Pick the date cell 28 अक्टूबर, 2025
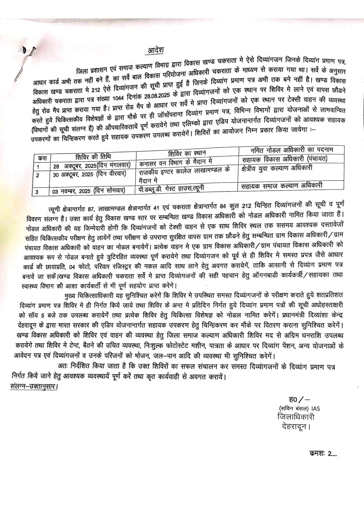point(94,166)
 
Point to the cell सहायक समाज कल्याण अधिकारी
point(282,185)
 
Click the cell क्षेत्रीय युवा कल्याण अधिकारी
point(278,168)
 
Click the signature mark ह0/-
point(299,400)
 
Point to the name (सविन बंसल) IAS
point(299,409)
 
